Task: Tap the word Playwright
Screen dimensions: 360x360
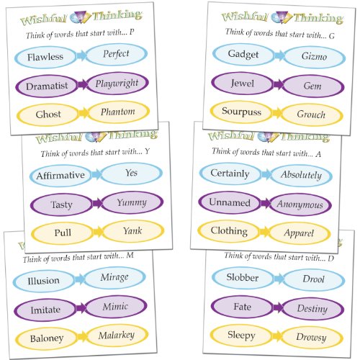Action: point(116,84)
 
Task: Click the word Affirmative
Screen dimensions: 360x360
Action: point(61,175)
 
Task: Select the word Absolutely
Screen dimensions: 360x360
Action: point(302,174)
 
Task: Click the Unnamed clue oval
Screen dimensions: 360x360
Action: point(230,203)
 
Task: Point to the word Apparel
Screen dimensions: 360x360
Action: point(302,233)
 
